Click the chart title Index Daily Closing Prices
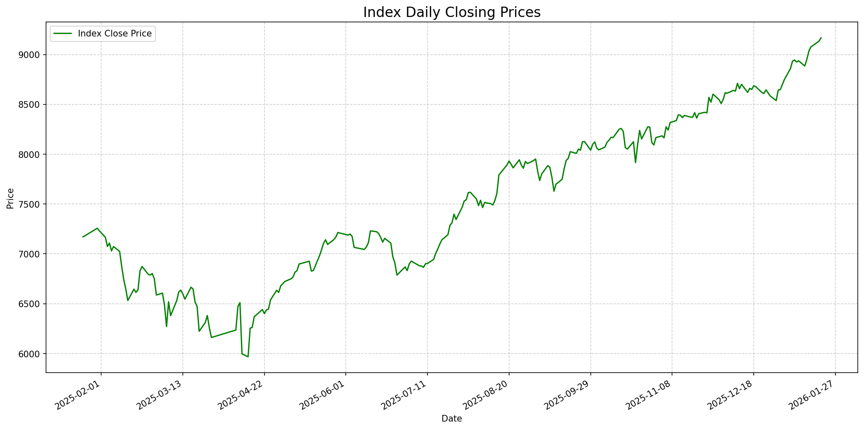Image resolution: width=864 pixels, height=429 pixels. tap(451, 12)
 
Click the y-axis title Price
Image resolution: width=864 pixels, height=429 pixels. tap(11, 198)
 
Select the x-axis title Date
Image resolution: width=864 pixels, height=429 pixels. tap(451, 419)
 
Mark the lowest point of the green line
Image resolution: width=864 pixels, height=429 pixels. tap(248, 356)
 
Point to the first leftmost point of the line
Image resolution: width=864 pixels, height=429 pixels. tap(83, 237)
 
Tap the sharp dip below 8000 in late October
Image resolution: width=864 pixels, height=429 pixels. tap(636, 162)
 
